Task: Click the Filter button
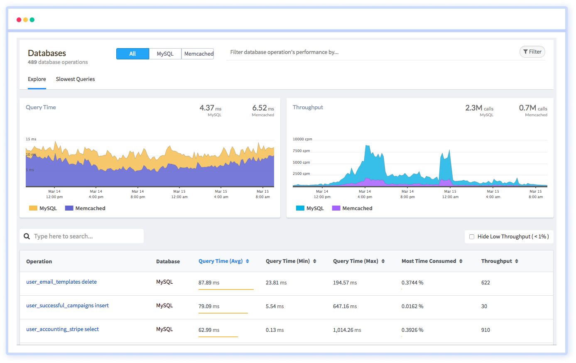[532, 52]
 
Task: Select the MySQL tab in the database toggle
[165, 54]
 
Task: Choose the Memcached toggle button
[199, 54]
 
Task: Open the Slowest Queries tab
[75, 79]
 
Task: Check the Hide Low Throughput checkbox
[472, 237]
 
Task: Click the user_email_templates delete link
[61, 282]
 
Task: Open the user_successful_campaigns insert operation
[67, 306]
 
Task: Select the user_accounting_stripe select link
[62, 329]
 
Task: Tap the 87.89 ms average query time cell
[209, 283]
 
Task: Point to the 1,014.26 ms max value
[347, 330]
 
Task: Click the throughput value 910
[485, 330]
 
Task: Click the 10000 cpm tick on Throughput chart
[302, 140]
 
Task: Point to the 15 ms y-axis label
[31, 140]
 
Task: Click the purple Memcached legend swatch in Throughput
[336, 208]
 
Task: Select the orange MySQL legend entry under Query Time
[43, 208]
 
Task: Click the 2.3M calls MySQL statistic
[479, 108]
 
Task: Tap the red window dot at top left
[19, 20]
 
